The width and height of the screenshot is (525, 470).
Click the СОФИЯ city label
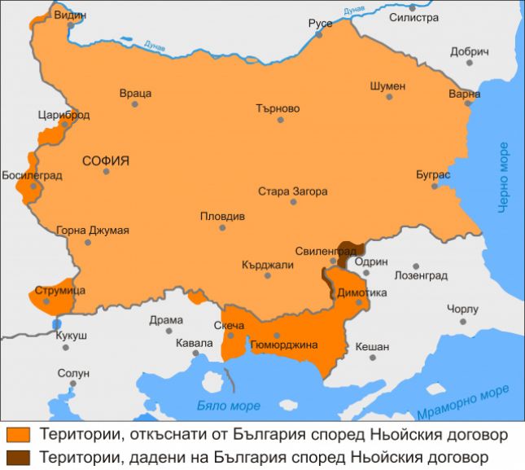[106, 160]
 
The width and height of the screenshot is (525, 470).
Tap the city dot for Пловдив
[222, 227]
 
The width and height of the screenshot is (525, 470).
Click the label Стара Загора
[292, 191]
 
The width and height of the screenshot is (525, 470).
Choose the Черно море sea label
[505, 177]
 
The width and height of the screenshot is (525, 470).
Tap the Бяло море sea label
[229, 405]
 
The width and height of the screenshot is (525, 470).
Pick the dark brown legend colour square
[16, 456]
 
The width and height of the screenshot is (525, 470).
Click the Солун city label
[72, 373]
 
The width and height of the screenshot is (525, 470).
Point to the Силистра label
[413, 17]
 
